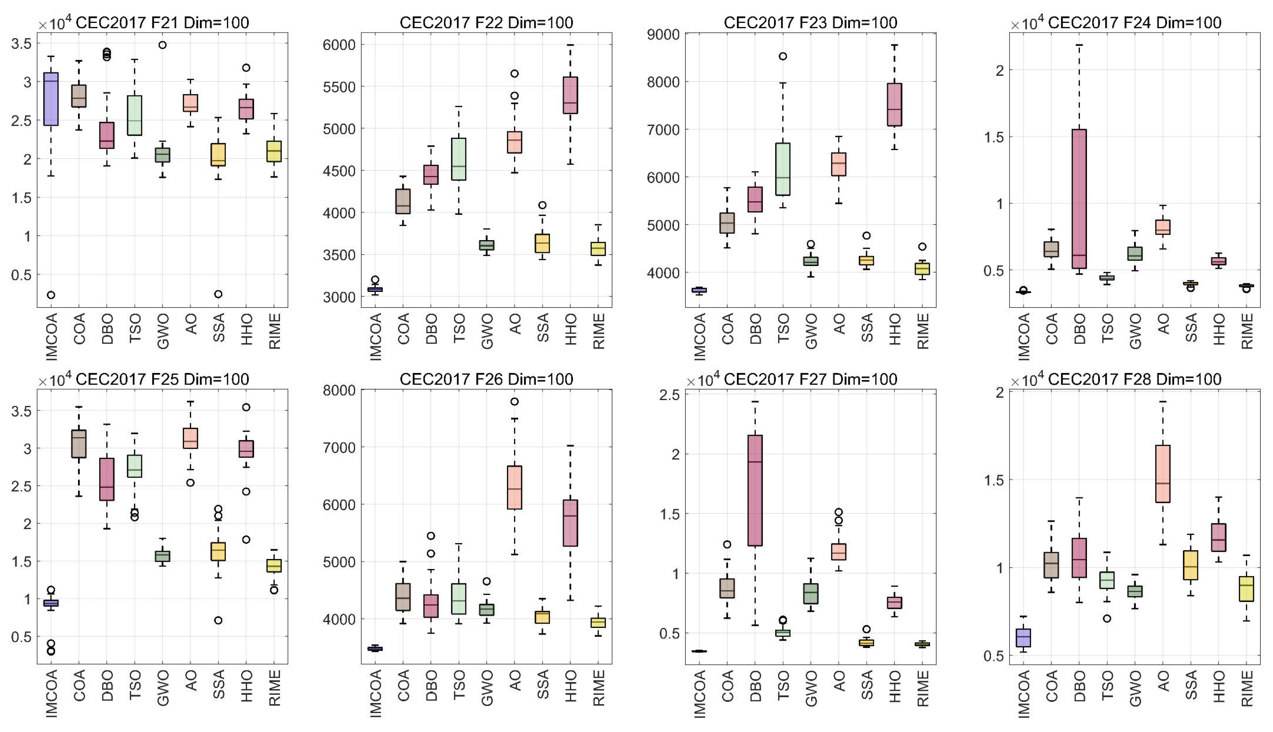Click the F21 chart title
pyautogui.click(x=162, y=23)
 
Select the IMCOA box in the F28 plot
pyautogui.click(x=1023, y=637)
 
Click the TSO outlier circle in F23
pyautogui.click(x=783, y=56)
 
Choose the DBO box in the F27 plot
pyautogui.click(x=755, y=490)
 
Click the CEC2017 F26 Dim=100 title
pyautogui.click(x=486, y=379)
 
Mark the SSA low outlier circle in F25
pyautogui.click(x=218, y=620)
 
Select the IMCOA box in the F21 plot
pyautogui.click(x=51, y=99)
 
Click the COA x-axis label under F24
pyautogui.click(x=1052, y=329)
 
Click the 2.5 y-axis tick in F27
pyautogui.click(x=670, y=395)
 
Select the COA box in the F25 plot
pyautogui.click(x=79, y=443)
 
